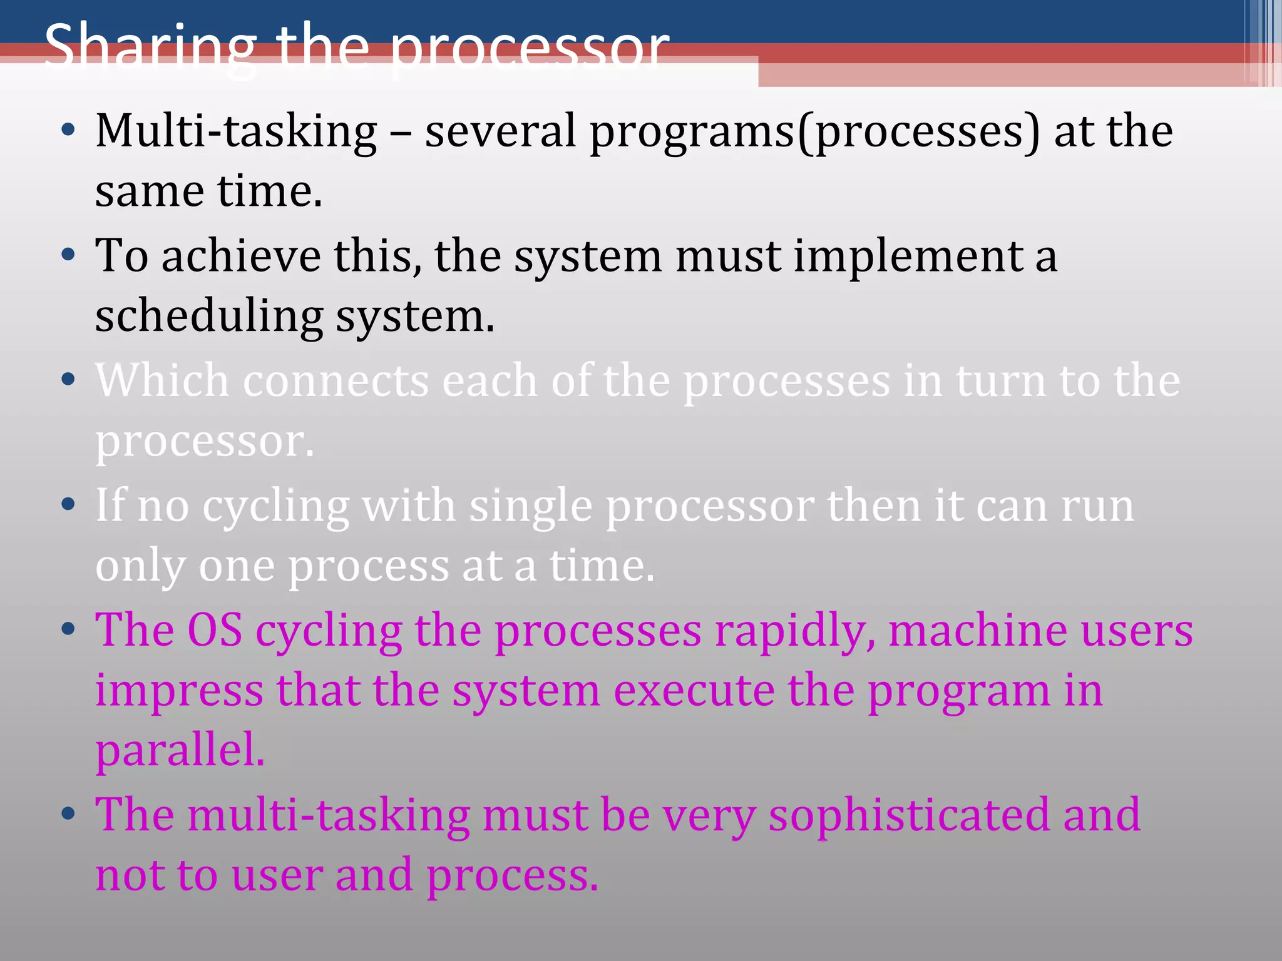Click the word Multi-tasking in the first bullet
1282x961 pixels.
point(236,131)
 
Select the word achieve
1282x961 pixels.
point(241,257)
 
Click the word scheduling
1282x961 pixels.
point(209,317)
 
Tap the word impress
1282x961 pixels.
point(179,691)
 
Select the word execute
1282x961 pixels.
point(694,691)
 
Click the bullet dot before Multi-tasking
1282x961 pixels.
point(69,130)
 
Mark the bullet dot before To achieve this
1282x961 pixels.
point(69,255)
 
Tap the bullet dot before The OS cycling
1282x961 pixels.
point(69,628)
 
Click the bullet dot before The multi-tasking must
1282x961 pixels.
point(69,813)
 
